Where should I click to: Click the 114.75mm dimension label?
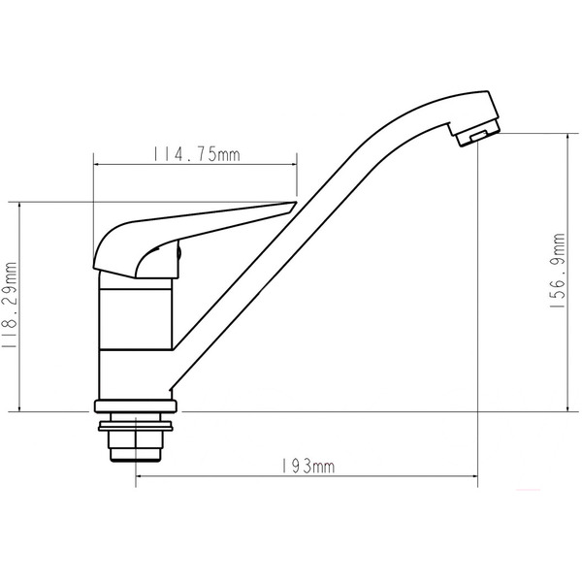point(196,154)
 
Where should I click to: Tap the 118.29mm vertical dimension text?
point(12,305)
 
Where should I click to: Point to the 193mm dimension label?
point(307,467)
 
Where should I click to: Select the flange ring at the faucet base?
point(135,406)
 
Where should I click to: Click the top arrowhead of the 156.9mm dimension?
point(568,137)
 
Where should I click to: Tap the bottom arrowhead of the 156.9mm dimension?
point(568,408)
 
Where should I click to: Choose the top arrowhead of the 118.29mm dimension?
point(19,205)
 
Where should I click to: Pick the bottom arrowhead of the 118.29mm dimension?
point(19,408)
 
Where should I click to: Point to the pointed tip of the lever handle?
point(294,205)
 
